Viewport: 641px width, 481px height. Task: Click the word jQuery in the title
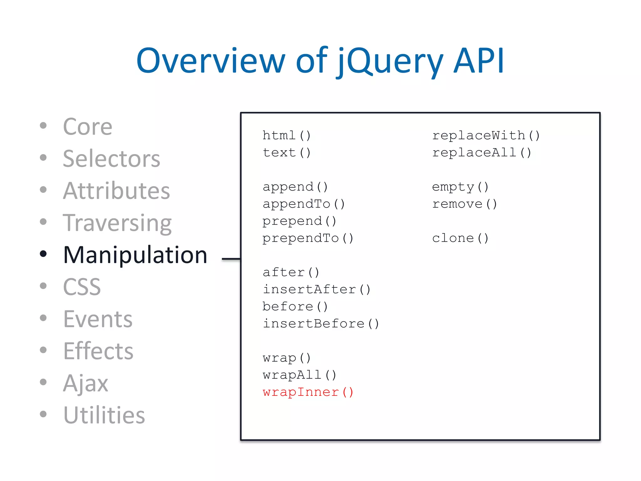pyautogui.click(x=390, y=61)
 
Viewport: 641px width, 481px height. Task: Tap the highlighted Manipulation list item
pyautogui.click(x=135, y=255)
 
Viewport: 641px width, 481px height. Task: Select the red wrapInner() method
pyautogui.click(x=308, y=392)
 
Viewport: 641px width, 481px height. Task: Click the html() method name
pyautogui.click(x=286, y=136)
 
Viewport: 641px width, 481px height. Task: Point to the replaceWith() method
pyautogui.click(x=486, y=136)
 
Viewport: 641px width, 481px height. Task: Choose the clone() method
pyautogui.click(x=460, y=238)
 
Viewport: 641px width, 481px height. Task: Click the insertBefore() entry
pyautogui.click(x=321, y=323)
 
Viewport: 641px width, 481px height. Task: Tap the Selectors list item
pyautogui.click(x=111, y=159)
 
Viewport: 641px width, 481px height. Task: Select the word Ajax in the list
pyautogui.click(x=85, y=383)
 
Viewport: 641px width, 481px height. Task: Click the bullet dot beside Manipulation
pyautogui.click(x=44, y=254)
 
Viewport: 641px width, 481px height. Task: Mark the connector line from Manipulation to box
pyautogui.click(x=231, y=259)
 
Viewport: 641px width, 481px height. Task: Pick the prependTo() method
pyautogui.click(x=308, y=238)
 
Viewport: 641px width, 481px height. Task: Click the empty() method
pyautogui.click(x=460, y=187)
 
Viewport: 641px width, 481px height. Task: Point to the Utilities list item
pyautogui.click(x=104, y=415)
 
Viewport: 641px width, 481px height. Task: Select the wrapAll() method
pyautogui.click(x=300, y=375)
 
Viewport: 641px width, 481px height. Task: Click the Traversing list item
pyautogui.click(x=117, y=223)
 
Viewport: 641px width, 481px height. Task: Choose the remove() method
pyautogui.click(x=464, y=204)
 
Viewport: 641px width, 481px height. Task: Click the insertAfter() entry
pyautogui.click(x=316, y=289)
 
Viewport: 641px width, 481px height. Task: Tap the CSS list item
pyautogui.click(x=82, y=287)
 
